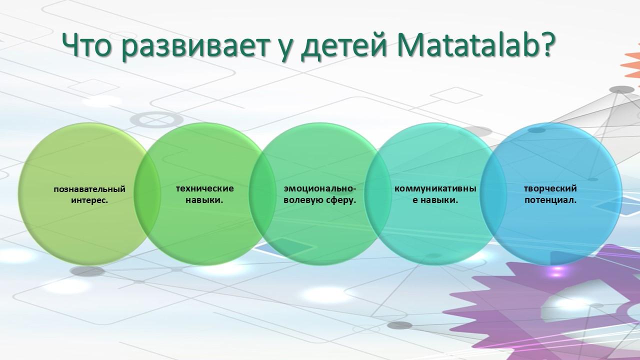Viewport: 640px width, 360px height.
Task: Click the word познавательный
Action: tap(89, 189)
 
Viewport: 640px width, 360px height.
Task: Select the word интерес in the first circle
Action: tap(88, 200)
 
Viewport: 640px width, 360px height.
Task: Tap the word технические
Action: tap(204, 188)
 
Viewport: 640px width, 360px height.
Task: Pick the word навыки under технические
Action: tap(203, 200)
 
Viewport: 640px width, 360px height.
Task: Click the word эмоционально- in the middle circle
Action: tap(319, 189)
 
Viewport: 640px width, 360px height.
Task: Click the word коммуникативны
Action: tap(435, 189)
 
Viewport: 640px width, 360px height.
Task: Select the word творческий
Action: tap(550, 188)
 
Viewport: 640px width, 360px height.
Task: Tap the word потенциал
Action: tap(549, 200)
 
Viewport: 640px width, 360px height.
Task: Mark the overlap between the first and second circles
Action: tap(147, 194)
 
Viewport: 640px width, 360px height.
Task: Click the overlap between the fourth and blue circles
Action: tap(491, 194)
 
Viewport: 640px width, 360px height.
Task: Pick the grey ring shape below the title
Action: tap(157, 119)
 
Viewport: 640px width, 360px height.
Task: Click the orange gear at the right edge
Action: tap(631, 65)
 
